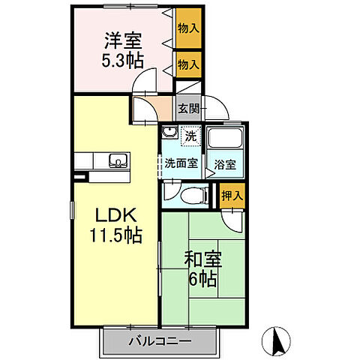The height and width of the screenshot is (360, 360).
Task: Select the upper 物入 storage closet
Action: click(x=189, y=28)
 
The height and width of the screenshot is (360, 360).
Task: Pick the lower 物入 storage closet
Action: click(x=189, y=66)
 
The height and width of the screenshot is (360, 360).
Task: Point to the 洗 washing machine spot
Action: click(x=191, y=137)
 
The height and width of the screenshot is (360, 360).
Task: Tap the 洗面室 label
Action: click(x=181, y=163)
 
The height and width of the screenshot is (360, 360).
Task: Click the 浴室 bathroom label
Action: click(x=226, y=163)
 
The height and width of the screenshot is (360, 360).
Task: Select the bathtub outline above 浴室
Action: click(x=225, y=140)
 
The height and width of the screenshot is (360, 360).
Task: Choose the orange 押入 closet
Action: click(x=232, y=196)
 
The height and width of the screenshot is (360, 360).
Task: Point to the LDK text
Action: click(x=114, y=217)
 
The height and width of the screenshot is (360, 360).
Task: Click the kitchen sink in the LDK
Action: click(x=118, y=160)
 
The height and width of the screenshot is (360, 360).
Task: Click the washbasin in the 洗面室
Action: click(x=169, y=136)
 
